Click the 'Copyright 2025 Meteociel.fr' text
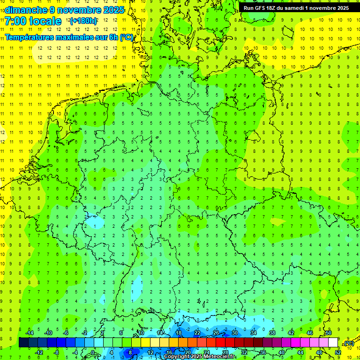pos(200,357)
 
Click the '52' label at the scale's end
pos(338,352)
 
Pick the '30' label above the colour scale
pos(234,333)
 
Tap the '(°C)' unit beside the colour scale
pos(348,343)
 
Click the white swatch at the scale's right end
pos(333,343)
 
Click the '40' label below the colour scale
pos(281,352)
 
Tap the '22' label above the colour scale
pos(197,333)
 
